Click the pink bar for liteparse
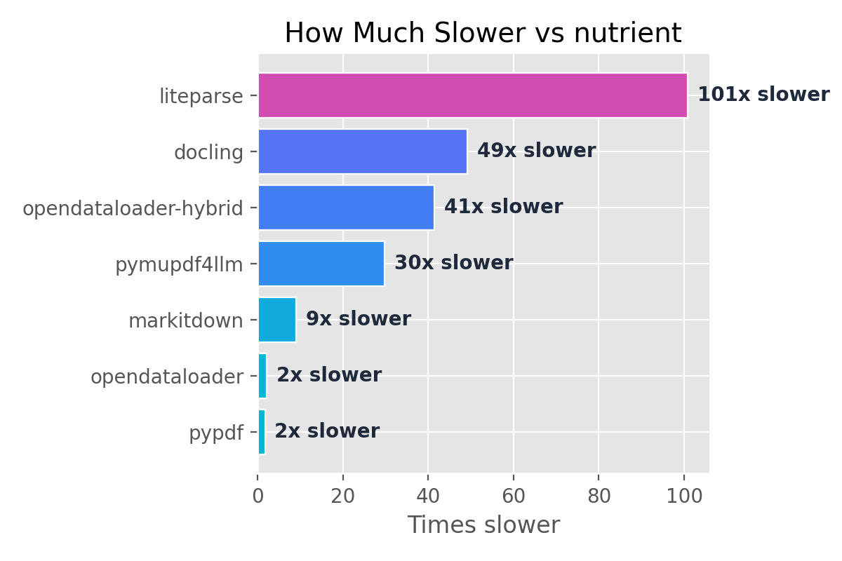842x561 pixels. click(x=472, y=95)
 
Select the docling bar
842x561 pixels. click(x=362, y=151)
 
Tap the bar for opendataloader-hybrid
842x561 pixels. click(x=346, y=208)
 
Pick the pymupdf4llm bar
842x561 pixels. click(x=321, y=264)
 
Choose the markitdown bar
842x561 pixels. click(x=277, y=320)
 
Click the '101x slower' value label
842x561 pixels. click(x=763, y=95)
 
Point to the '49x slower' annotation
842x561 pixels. click(x=536, y=151)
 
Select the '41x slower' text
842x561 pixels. click(x=503, y=207)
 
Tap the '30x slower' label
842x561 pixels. click(x=453, y=263)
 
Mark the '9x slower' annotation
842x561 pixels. click(x=358, y=319)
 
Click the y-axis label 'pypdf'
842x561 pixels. click(x=215, y=433)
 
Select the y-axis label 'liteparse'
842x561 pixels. click(x=201, y=96)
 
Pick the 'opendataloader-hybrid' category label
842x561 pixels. click(x=133, y=208)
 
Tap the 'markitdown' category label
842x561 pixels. click(x=185, y=321)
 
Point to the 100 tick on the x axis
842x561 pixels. click(x=684, y=496)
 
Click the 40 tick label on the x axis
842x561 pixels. click(x=428, y=496)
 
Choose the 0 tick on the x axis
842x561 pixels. click(x=258, y=496)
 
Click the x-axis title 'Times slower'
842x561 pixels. click(x=483, y=525)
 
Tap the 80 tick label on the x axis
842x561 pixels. click(x=599, y=496)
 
